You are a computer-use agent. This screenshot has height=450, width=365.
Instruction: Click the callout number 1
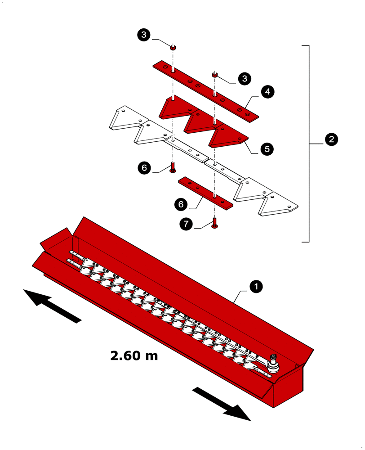click(x=256, y=286)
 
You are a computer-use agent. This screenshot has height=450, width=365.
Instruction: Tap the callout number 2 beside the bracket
click(x=331, y=139)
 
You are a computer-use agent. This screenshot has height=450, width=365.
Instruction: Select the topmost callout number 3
click(x=144, y=35)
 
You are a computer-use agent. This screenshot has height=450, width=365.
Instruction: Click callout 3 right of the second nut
click(x=245, y=79)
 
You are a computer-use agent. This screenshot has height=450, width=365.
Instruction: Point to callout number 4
click(x=267, y=92)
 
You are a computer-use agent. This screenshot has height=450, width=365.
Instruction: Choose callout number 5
click(x=267, y=149)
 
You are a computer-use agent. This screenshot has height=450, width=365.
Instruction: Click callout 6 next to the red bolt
click(x=144, y=168)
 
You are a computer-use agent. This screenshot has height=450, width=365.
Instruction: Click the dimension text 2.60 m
click(x=134, y=355)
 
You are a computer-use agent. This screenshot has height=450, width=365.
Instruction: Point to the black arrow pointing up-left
click(x=52, y=306)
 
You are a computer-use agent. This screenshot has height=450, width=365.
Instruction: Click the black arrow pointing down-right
click(x=222, y=403)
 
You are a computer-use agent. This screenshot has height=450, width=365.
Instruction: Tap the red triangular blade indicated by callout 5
click(x=227, y=137)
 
